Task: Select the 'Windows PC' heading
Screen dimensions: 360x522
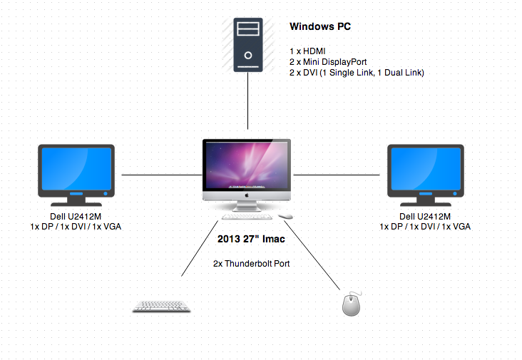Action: pyautogui.click(x=320, y=27)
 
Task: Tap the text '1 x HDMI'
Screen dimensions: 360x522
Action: pyautogui.click(x=307, y=51)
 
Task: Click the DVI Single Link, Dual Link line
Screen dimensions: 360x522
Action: pyautogui.click(x=357, y=72)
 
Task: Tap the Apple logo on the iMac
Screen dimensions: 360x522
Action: pyautogui.click(x=247, y=194)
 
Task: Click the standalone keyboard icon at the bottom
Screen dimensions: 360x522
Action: pyautogui.click(x=161, y=306)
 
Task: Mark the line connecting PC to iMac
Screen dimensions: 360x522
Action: pyautogui.click(x=248, y=103)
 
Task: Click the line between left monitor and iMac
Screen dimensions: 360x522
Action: pyautogui.click(x=161, y=174)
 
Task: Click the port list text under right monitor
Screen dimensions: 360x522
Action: pyautogui.click(x=425, y=227)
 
